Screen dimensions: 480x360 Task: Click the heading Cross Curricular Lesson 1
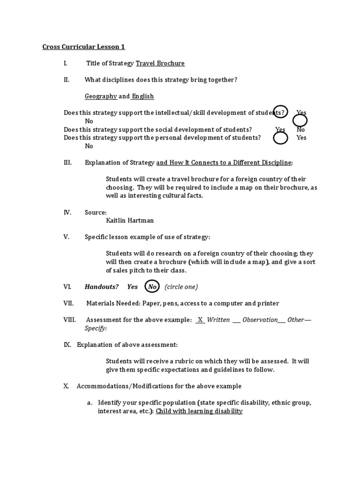(83, 47)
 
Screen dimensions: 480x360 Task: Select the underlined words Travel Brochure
(160, 63)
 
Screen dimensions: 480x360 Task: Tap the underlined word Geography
(101, 96)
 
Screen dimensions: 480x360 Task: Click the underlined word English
(142, 96)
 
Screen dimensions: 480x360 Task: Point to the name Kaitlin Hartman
(130, 220)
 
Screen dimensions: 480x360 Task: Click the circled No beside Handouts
(152, 286)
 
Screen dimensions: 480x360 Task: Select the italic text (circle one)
(181, 286)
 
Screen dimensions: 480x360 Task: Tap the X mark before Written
(200, 320)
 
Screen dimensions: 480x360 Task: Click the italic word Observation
(260, 320)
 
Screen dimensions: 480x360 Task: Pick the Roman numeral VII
(69, 303)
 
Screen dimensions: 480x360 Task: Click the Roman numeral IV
(67, 212)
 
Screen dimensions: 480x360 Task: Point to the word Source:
(96, 212)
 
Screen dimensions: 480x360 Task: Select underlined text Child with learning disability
(199, 411)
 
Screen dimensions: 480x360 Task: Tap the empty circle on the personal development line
(280, 138)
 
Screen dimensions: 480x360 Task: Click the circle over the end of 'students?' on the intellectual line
(280, 111)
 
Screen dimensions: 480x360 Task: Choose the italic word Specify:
(96, 328)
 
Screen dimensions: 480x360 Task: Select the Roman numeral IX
(67, 345)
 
